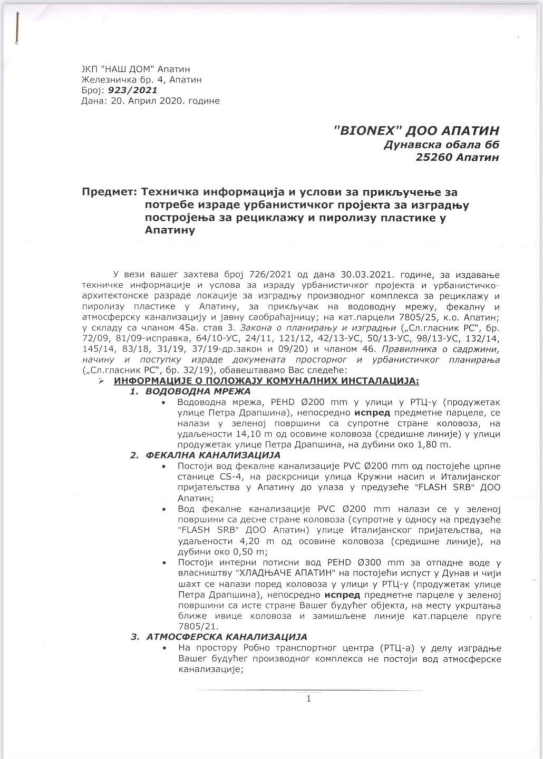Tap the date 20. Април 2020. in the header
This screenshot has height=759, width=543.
point(150,101)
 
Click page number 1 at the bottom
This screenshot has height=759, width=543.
point(308,699)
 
